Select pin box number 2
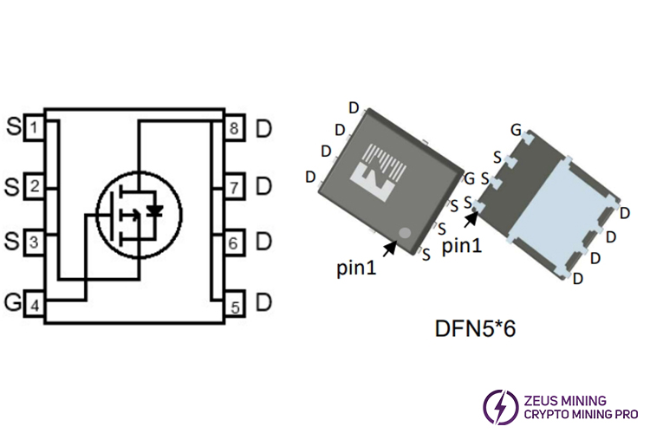click(34, 184)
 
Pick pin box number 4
click(34, 305)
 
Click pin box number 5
click(235, 305)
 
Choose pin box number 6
click(235, 243)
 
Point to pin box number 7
click(235, 186)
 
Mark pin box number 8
click(235, 129)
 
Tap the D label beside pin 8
click(263, 130)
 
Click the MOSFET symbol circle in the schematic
click(139, 211)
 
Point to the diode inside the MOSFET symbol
click(155, 210)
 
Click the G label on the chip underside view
click(516, 130)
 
